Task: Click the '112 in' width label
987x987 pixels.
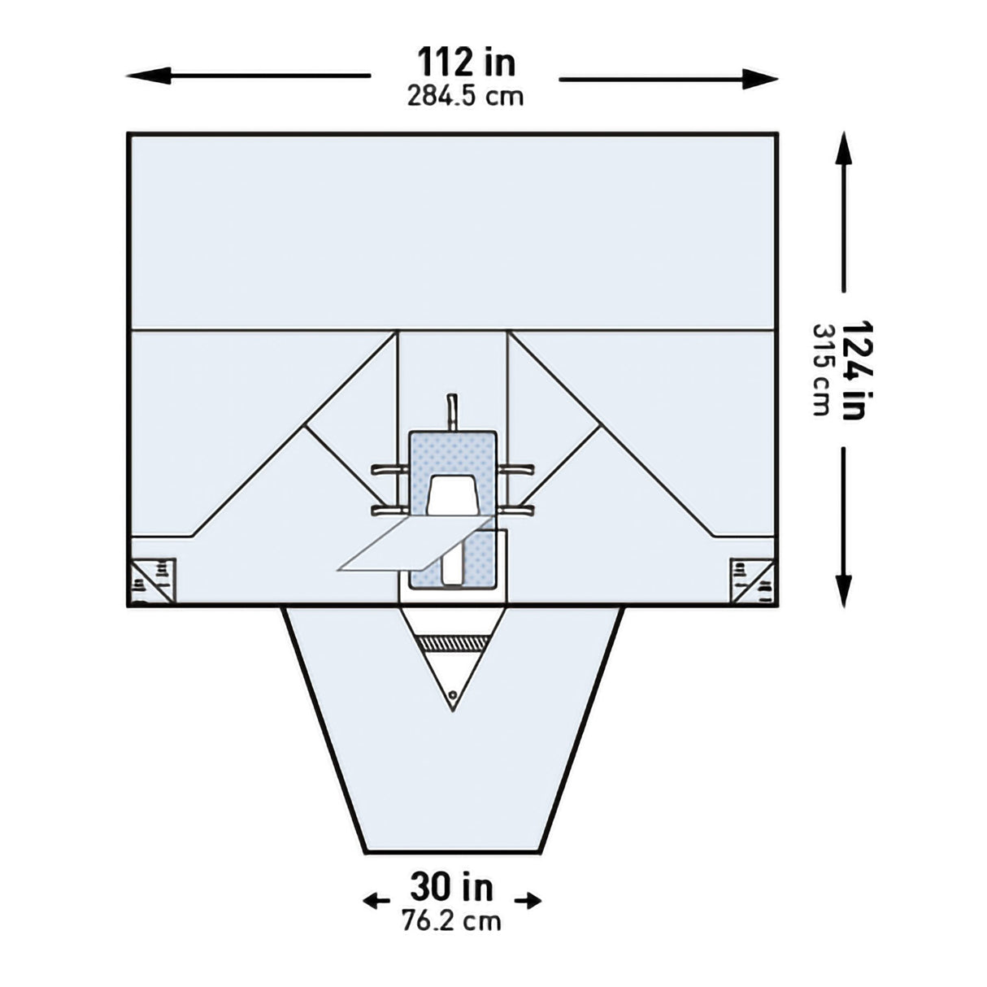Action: tap(466, 62)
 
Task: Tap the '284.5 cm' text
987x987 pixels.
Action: tap(465, 97)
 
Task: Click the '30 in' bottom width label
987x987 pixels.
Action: tap(451, 886)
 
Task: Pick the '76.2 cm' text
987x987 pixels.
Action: tap(451, 921)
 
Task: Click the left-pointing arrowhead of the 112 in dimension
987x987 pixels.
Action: tap(146, 76)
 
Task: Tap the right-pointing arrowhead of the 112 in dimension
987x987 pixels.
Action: tap(760, 78)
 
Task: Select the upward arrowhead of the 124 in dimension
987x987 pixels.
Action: tap(844, 150)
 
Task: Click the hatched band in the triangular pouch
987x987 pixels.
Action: tap(452, 644)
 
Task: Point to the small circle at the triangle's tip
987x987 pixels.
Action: tap(452, 695)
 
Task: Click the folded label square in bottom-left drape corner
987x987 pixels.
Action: tap(152, 581)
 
